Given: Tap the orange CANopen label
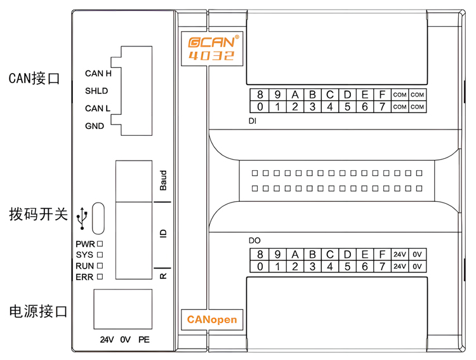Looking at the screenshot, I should pyautogui.click(x=211, y=319).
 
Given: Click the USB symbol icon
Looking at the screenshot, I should pyautogui.click(x=81, y=218).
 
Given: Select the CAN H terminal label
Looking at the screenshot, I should pyautogui.click(x=98, y=74).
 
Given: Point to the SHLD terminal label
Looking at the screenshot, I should pyautogui.click(x=96, y=91).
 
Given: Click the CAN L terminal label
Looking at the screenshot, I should pyautogui.click(x=98, y=109).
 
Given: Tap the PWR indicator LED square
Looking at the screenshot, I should pyautogui.click(x=100, y=244).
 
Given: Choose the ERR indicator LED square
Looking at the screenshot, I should pyautogui.click(x=100, y=277).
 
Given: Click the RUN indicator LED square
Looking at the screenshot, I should pyautogui.click(x=100, y=266).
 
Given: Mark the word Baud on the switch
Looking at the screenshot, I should pyautogui.click(x=163, y=180).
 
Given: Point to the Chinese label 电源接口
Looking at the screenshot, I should pyautogui.click(x=38, y=312).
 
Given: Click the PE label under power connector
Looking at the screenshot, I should pyautogui.click(x=143, y=340).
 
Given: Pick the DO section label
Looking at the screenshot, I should pyautogui.click(x=254, y=241).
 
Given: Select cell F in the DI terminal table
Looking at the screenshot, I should pyautogui.click(x=382, y=95).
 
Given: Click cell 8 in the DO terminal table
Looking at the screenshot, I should pyautogui.click(x=260, y=255).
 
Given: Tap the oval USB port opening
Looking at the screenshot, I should pyautogui.click(x=98, y=218).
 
